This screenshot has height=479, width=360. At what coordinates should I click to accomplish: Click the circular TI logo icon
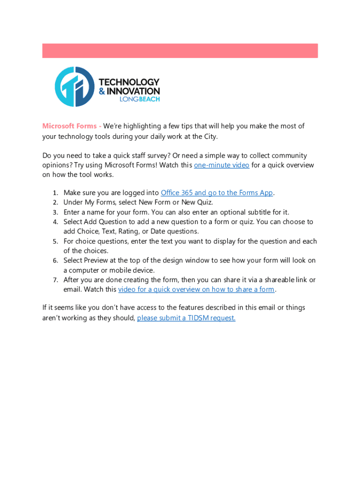(75, 87)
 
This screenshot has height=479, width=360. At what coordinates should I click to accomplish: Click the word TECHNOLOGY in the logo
(130, 82)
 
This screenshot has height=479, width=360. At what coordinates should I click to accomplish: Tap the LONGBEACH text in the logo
(140, 99)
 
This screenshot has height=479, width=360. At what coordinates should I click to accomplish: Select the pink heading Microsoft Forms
(70, 126)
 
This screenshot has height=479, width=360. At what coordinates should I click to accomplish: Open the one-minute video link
(221, 165)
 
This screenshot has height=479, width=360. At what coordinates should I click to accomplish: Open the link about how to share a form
(196, 289)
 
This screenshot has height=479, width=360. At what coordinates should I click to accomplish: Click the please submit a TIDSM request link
(186, 318)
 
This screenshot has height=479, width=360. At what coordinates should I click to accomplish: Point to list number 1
(55, 193)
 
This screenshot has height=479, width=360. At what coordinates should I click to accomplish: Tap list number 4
(55, 222)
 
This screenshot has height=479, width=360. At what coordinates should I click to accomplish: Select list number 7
(55, 280)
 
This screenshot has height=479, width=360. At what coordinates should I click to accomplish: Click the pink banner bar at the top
(180, 51)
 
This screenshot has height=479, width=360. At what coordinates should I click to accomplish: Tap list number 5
(55, 241)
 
